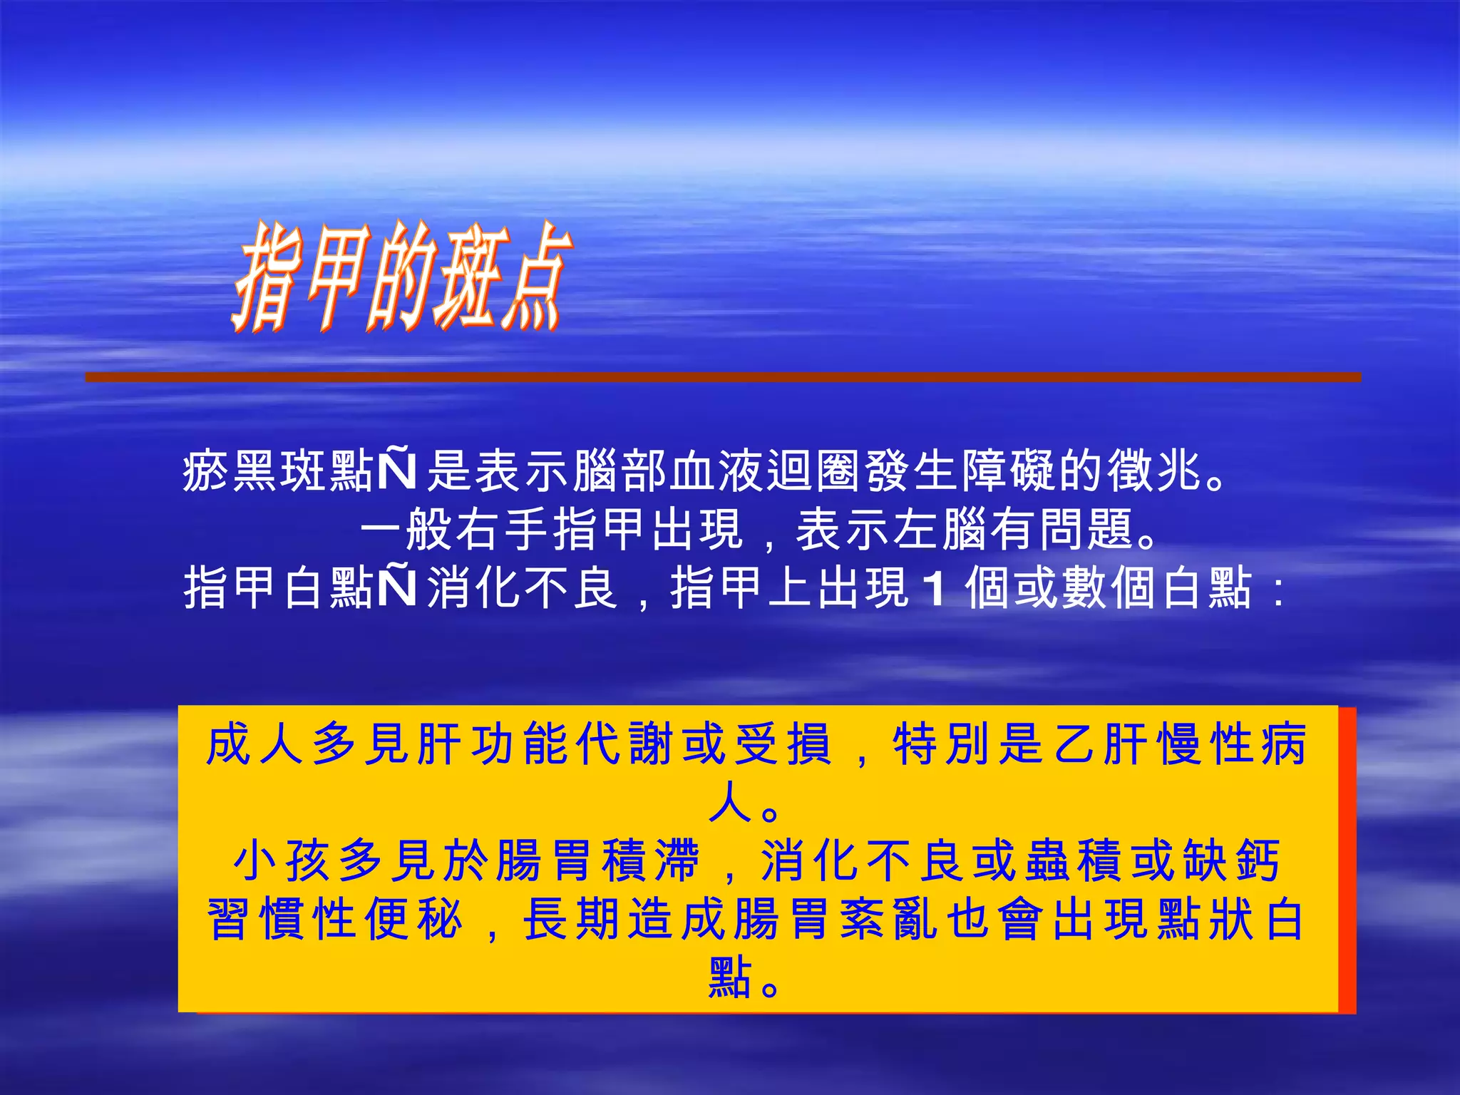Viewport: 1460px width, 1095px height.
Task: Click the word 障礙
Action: (1009, 471)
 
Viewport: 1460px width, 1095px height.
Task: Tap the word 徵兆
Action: (1155, 471)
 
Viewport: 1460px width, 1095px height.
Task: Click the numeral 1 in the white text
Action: (933, 589)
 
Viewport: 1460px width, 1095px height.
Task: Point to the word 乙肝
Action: (1101, 744)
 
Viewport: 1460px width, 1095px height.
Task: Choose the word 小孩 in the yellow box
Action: (283, 861)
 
